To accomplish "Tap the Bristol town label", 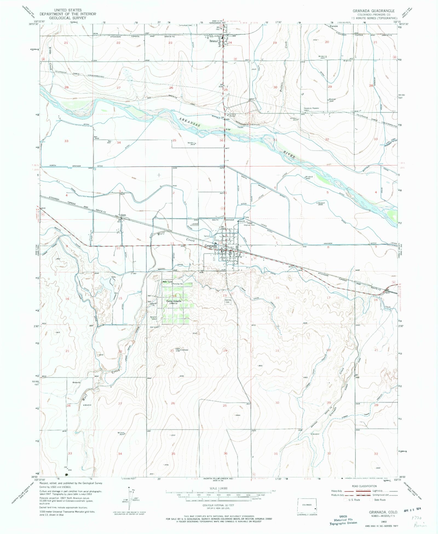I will [x=213, y=41].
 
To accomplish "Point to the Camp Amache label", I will [x=174, y=301].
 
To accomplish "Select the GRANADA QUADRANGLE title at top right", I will [x=373, y=11].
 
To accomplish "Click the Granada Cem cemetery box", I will [x=228, y=301].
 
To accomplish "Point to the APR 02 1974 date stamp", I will [x=412, y=508].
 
